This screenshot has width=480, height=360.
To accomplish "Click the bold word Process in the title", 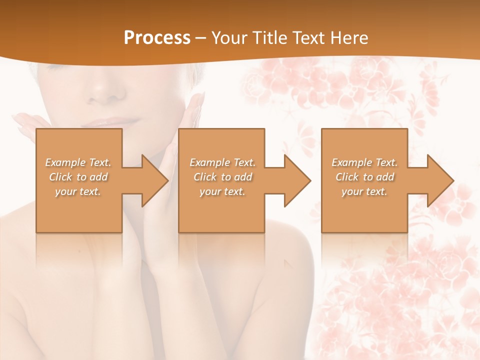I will (157, 38).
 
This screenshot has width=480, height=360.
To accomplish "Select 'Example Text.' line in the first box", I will (78, 162).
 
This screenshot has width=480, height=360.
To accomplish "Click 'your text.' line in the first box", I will (78, 191).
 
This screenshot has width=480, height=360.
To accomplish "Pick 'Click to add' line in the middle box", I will (222, 177).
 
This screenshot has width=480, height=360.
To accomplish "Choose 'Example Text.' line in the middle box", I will (222, 162).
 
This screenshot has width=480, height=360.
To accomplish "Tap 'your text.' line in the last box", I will (364, 191).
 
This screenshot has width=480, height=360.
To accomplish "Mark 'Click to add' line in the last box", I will (364, 177).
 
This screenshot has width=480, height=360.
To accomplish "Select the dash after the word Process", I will (201, 38).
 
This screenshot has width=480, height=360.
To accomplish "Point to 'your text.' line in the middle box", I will (222, 191).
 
